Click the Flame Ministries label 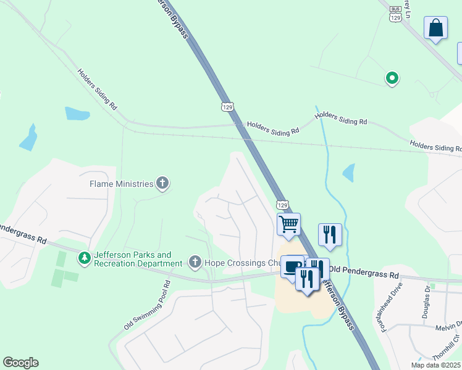121,184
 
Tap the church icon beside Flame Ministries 162,183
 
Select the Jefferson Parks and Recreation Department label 133,259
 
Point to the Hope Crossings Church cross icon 195,263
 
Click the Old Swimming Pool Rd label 146,306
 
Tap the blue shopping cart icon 288,224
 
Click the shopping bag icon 436,28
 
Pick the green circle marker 392,78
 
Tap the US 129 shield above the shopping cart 282,204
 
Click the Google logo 20,363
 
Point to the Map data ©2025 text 435,365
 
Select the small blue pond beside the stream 349,173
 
